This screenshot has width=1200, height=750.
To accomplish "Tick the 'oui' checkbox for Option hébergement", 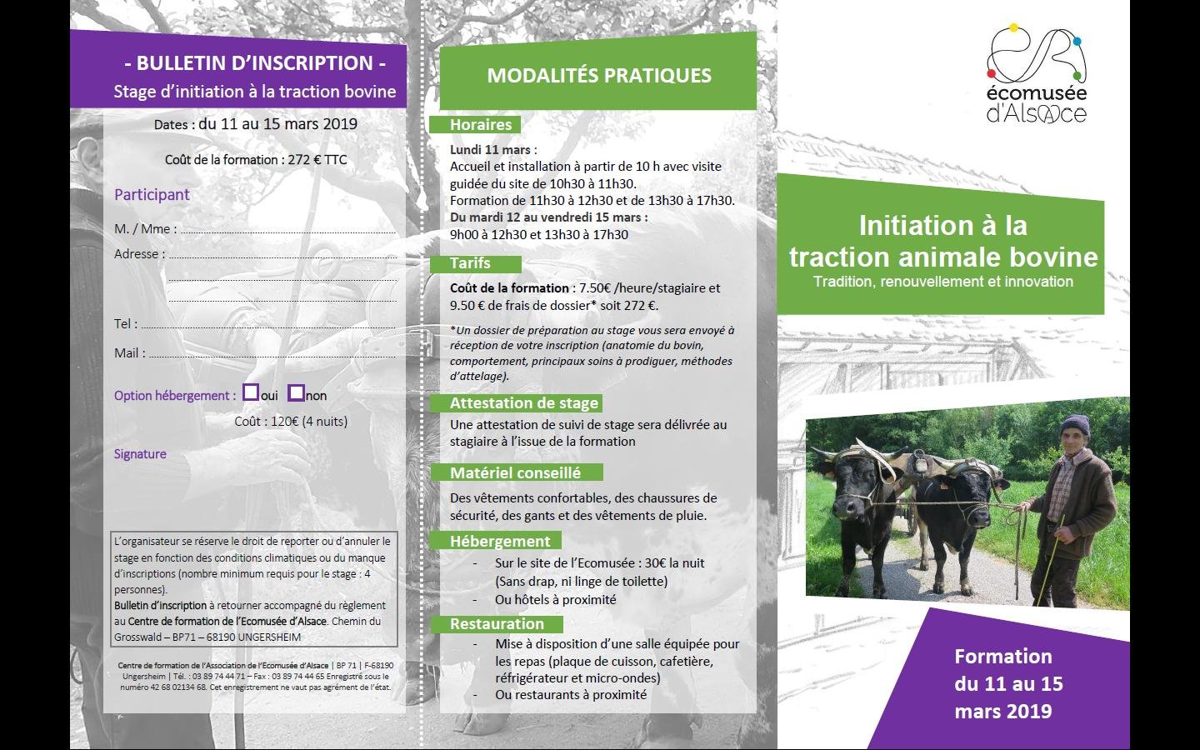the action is coord(251,392).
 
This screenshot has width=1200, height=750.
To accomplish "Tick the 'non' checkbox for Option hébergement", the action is coord(297,392).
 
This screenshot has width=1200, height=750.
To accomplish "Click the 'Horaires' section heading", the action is coord(481,125).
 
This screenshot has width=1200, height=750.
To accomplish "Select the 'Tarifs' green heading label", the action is coord(470,263).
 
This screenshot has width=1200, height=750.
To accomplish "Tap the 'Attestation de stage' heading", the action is coord(524,402).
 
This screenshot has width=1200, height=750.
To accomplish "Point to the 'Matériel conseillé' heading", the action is coord(515,472).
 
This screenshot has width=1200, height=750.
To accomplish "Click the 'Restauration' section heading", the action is coord(497,623).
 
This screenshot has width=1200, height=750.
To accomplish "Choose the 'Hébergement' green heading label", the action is coord(500,541).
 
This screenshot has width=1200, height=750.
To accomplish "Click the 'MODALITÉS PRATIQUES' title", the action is coord(599,76).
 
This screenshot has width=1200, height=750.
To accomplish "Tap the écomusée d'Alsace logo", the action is coord(1037,74).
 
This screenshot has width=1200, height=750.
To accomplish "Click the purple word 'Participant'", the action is coord(152,194).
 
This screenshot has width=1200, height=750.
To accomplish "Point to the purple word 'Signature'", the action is coord(140,453).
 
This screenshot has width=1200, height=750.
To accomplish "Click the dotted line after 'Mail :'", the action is coord(272,356).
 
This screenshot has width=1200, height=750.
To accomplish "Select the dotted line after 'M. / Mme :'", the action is coord(288,232).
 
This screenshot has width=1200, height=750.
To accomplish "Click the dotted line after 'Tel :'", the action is coord(268,327).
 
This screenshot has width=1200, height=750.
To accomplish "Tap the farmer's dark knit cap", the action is coord(1075,426).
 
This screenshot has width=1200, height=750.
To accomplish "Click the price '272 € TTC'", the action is coord(317,160).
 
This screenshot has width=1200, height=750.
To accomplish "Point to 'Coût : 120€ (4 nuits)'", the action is coord(291,422).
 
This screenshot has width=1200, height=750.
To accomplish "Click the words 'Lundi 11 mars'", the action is coord(490,150).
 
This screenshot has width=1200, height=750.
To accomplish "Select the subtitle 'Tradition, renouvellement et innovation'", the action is coord(942,282).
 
